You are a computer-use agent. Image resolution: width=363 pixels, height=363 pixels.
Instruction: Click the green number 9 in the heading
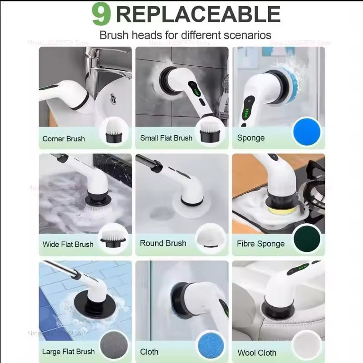[101, 14]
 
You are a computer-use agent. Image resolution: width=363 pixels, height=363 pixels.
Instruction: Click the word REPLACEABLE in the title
[198, 14]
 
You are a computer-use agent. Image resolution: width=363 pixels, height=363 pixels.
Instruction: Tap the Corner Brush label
[64, 138]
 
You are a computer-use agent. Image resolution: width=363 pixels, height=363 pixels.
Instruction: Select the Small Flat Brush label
[166, 138]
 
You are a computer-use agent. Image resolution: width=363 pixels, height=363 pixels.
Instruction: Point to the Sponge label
[251, 138]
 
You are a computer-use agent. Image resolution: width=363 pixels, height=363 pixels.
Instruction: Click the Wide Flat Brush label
[68, 244]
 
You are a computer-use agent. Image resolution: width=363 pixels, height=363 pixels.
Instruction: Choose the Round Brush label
[163, 243]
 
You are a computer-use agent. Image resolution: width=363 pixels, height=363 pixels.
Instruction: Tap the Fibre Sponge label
[260, 244]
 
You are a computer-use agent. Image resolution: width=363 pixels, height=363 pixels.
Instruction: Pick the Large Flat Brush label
[69, 351]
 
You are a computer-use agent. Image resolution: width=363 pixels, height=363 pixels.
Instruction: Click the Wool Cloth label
[257, 353]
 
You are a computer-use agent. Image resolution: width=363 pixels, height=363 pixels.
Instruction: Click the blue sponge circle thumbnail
[307, 132]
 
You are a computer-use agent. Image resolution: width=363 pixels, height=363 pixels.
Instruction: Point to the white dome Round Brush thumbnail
[210, 238]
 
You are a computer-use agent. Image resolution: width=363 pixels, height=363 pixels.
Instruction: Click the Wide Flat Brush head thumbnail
[113, 238]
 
